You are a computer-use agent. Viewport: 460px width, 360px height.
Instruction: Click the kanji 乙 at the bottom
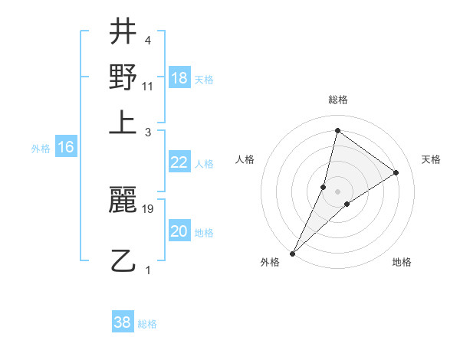(123, 261)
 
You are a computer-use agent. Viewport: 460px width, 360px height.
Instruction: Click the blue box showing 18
(179, 77)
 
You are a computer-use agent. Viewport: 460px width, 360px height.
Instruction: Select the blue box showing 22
(179, 162)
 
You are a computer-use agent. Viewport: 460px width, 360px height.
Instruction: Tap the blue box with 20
(179, 231)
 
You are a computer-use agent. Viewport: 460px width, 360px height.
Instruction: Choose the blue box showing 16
(65, 148)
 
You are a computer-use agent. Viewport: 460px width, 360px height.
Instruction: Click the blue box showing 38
(123, 322)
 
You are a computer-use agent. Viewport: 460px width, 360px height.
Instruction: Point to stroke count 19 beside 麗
(149, 208)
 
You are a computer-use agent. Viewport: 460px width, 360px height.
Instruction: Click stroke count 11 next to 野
(148, 85)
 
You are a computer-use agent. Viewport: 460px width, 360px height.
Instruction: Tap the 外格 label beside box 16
(41, 149)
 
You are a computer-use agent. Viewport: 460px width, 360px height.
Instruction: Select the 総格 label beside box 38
(147, 324)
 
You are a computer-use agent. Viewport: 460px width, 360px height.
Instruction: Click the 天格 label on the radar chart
(431, 159)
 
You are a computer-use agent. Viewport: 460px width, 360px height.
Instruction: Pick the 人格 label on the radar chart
(245, 159)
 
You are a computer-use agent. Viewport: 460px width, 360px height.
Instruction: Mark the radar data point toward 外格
(292, 253)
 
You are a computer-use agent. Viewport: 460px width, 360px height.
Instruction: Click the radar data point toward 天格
(396, 172)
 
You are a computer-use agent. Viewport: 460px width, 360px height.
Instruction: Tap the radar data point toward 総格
(337, 130)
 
